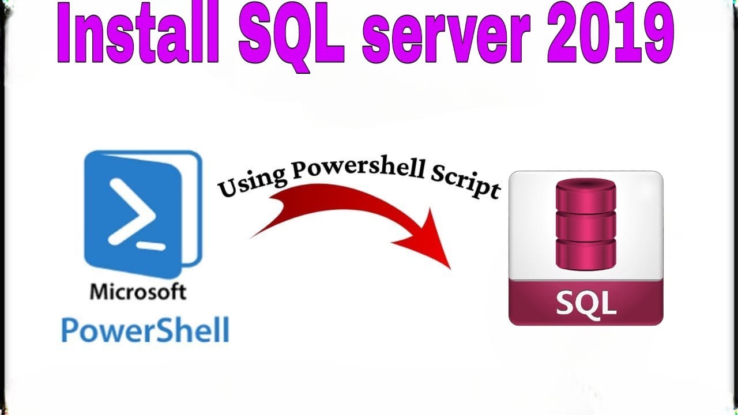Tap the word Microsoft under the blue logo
pos(138,291)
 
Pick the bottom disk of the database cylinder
pos(586,254)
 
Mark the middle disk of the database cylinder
pos(586,225)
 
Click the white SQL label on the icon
pos(586,302)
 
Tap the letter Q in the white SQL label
pos(586,302)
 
